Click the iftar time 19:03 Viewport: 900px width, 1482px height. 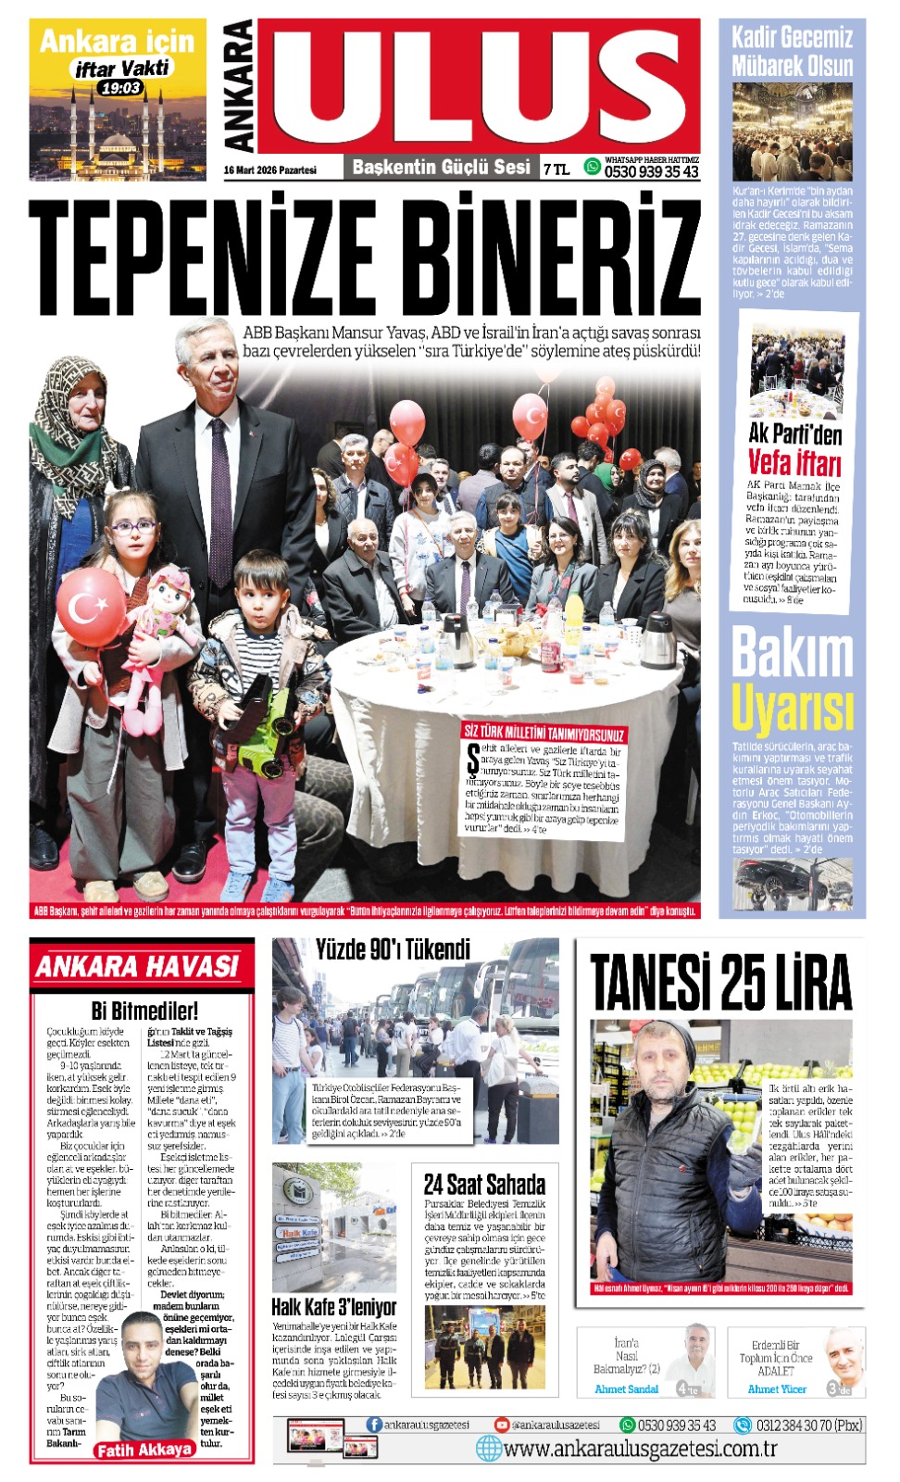120,88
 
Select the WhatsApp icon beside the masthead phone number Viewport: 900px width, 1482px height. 592,167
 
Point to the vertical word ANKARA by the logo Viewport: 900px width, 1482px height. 239,86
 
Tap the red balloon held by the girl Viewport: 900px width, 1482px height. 90,607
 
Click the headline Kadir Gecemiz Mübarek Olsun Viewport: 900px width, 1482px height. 792,52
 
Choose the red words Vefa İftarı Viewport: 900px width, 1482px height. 794,462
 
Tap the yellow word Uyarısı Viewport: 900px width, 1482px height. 792,710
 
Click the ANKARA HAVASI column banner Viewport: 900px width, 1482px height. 138,967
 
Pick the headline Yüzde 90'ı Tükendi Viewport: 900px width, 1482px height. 393,949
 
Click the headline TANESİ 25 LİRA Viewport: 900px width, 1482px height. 720,981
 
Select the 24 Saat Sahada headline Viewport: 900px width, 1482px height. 484,1184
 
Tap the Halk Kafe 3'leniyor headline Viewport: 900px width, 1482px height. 333,1307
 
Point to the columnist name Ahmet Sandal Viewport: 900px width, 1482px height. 627,1389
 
